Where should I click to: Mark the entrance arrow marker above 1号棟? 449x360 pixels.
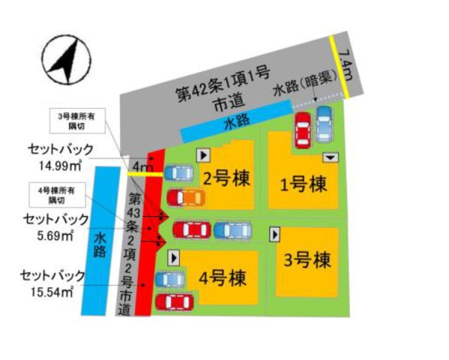(x=331, y=158)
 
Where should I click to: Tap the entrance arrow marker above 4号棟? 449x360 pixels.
(x=175, y=257)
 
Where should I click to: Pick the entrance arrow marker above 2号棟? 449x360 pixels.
(x=202, y=154)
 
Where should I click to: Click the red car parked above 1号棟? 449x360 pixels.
(x=302, y=130)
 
